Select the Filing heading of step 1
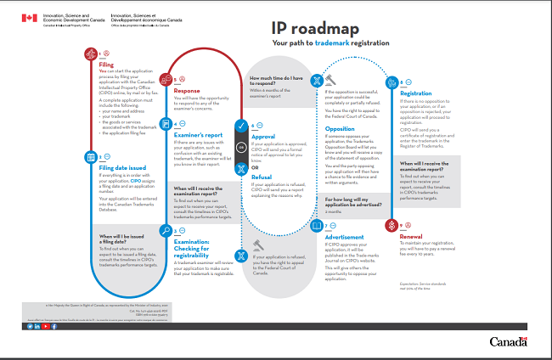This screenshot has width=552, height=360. click(x=106, y=64)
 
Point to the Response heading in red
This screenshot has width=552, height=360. click(x=187, y=89)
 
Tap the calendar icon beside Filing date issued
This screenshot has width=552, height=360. click(x=91, y=156)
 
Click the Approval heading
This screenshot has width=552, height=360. click(x=265, y=135)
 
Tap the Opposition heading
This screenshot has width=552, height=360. click(x=341, y=129)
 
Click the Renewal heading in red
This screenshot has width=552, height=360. click(x=411, y=238)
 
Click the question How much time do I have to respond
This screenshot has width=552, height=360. click(x=276, y=82)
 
